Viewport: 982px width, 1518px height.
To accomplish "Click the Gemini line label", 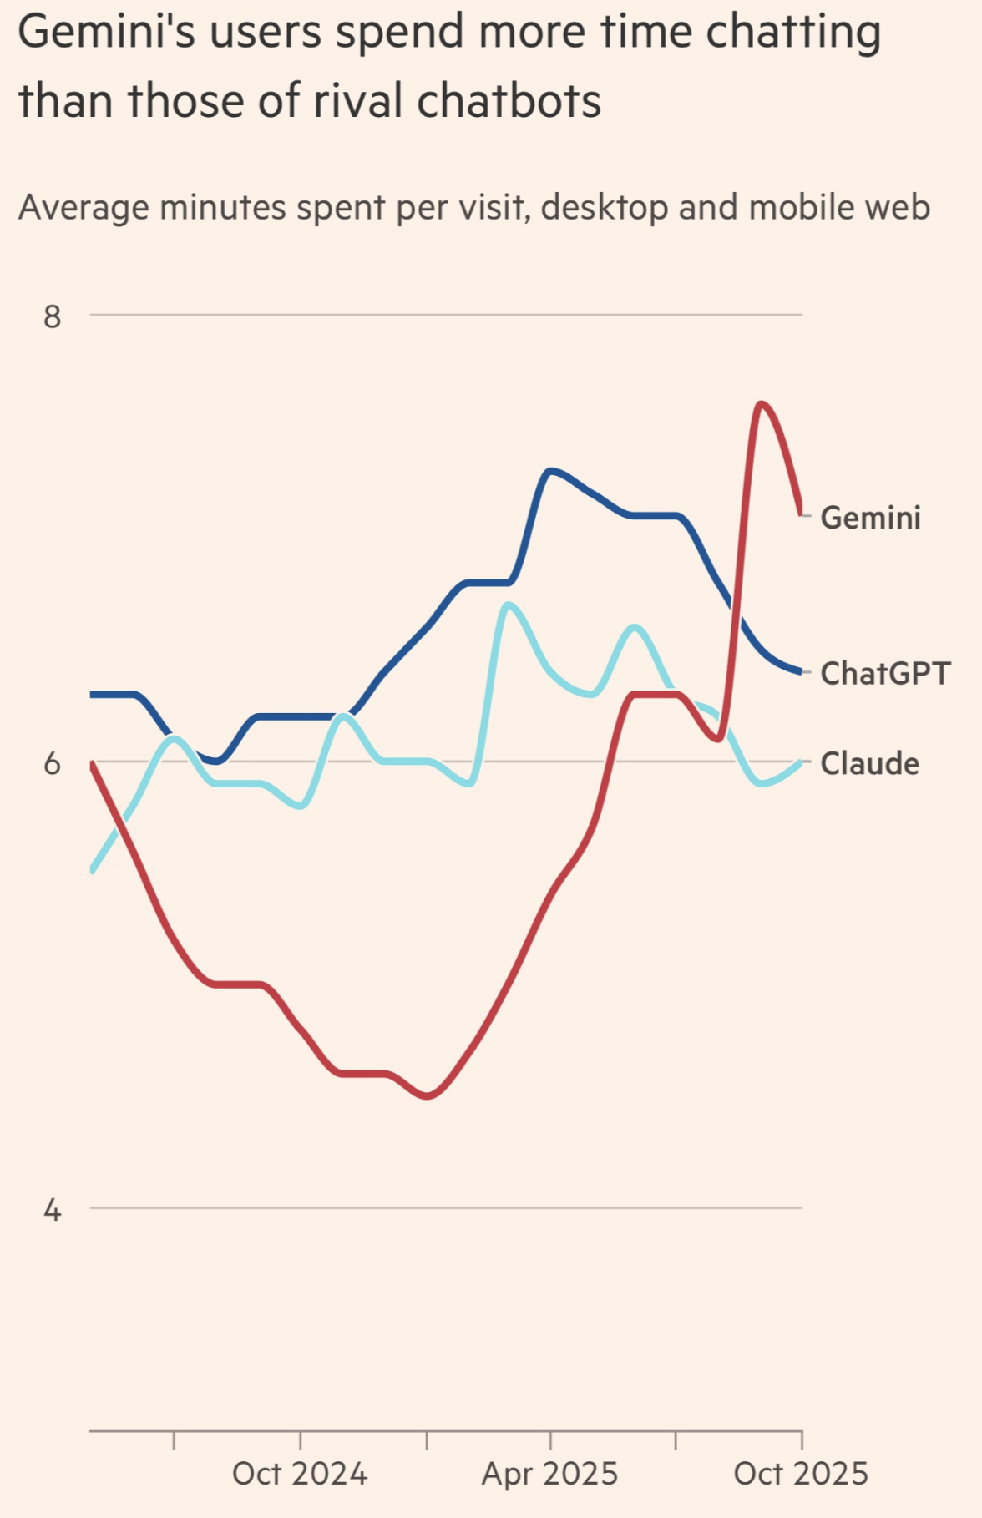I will coord(870,518).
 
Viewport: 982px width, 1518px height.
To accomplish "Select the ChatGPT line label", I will coord(885,673).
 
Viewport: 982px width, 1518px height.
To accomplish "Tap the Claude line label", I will coord(869,763).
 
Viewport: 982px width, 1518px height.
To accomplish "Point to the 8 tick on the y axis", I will coord(53,316).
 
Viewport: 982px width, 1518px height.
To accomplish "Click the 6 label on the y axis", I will coord(53,763).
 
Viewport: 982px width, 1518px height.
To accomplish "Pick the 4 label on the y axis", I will coord(53,1209).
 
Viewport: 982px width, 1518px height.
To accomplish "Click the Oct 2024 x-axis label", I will coord(300,1474).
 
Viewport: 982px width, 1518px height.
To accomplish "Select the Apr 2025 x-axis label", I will coord(549,1474).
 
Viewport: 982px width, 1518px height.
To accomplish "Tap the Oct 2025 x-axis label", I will coord(801,1474).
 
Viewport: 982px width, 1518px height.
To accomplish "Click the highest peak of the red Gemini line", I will coord(761,404).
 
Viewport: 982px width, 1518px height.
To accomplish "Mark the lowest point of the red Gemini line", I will coord(428,1095).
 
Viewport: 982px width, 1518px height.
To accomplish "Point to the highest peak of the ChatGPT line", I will coord(549,471).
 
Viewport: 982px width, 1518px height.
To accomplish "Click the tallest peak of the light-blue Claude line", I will coord(508,605).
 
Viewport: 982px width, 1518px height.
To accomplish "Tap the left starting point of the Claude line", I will coord(91,871).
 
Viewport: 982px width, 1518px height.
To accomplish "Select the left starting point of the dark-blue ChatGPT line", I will coord(91,694).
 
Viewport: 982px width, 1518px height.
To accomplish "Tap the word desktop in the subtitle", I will coord(605,207).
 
